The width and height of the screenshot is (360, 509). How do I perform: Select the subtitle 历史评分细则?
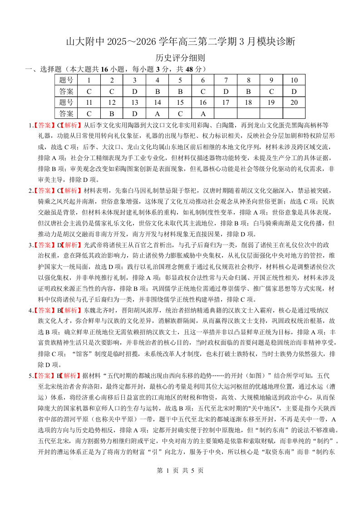[180, 58]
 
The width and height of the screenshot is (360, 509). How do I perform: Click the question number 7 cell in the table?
[226, 80]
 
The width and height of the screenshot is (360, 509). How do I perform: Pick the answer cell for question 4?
[158, 91]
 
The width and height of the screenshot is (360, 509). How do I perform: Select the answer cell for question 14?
[158, 113]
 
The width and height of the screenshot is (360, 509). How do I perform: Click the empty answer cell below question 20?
[294, 113]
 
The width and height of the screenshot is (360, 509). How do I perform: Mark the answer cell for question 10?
[294, 91]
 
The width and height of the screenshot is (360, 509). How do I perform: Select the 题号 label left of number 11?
[66, 103]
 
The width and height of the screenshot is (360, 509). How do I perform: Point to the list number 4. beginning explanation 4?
[31, 311]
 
